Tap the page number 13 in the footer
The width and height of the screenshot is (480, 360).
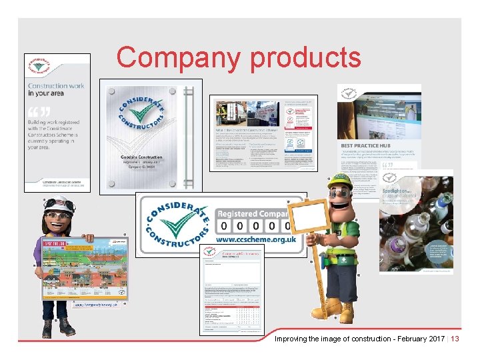455,339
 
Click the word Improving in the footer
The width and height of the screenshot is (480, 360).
292,339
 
